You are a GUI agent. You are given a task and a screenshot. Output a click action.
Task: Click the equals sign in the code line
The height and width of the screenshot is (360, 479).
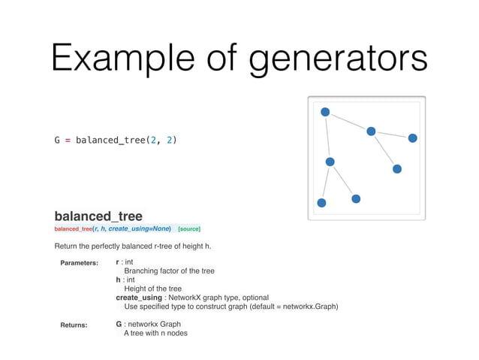point(67,140)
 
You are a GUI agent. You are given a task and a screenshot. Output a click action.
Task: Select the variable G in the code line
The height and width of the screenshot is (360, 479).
point(57,140)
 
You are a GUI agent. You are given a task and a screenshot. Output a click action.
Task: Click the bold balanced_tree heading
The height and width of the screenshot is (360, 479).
point(98,216)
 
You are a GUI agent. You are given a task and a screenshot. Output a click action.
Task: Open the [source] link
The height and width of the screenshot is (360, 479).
point(188,228)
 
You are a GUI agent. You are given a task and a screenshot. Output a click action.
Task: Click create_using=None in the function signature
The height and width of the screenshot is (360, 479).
point(140,228)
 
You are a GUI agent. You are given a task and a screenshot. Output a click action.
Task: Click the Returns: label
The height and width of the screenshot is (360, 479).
point(74,325)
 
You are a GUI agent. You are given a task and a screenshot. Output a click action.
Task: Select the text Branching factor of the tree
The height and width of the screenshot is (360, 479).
point(169,271)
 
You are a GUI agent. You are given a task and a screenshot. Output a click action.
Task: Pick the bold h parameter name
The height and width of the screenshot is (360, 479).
point(118,280)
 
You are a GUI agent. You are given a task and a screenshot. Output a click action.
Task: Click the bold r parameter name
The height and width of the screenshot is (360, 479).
point(118,262)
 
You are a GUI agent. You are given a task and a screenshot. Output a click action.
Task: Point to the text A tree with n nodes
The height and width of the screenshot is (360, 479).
point(155,333)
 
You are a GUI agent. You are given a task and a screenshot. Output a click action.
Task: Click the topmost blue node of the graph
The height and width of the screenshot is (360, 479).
point(325,112)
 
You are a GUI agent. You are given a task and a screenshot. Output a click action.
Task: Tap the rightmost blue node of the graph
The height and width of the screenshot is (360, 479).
point(412,138)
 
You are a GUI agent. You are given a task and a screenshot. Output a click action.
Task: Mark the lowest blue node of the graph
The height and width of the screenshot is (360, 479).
point(321,203)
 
